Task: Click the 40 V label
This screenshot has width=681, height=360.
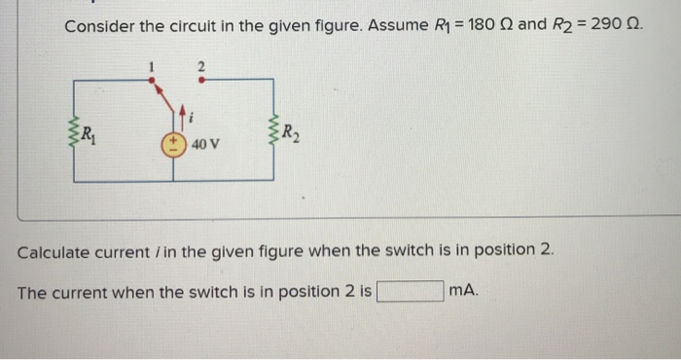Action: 205,144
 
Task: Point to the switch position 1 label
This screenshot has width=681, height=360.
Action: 152,66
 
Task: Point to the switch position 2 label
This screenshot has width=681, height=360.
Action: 201,66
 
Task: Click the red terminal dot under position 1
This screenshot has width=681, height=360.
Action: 152,81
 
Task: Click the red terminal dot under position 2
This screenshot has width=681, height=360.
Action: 201,81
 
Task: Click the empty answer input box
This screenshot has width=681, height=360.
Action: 411,291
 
